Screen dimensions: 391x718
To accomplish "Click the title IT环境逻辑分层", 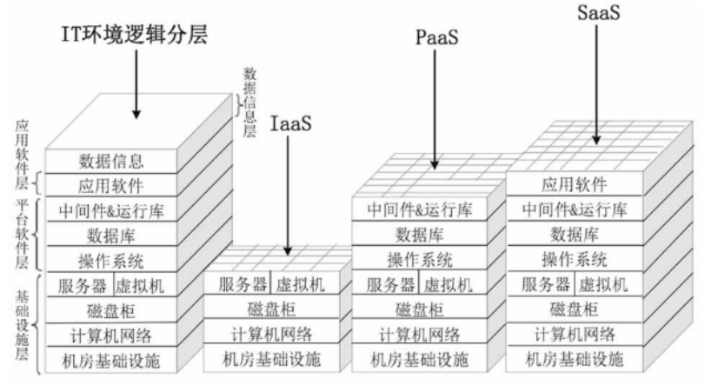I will (137, 34).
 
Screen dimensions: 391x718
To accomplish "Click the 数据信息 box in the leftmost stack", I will (111, 161).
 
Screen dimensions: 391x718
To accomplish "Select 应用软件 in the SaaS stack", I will (575, 184).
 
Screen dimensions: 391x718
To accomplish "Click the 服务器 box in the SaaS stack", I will (547, 285).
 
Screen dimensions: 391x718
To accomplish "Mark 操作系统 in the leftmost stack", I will (111, 260).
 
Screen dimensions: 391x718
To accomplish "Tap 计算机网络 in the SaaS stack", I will (575, 335).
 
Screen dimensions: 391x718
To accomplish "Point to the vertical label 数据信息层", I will (249, 103).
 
